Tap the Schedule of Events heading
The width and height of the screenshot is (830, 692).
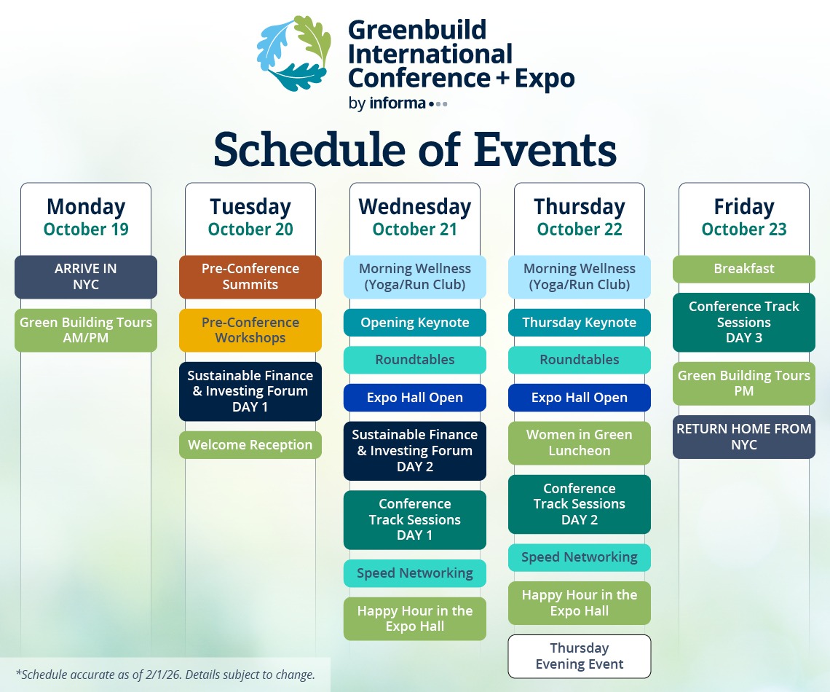point(415,150)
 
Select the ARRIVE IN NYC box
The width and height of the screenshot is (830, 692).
point(86,277)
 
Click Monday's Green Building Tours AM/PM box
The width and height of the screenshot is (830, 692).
point(86,330)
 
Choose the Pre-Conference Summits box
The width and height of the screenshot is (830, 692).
point(250,277)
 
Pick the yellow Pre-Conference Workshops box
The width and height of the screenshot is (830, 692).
point(250,330)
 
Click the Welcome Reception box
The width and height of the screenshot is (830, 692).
point(250,444)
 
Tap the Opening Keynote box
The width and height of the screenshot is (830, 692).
point(415,323)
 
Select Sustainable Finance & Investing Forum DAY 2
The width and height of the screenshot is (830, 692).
point(415,450)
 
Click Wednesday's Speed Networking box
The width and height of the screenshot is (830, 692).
point(415,573)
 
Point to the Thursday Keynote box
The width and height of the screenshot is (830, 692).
point(580,323)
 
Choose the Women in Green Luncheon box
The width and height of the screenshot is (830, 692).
point(580,443)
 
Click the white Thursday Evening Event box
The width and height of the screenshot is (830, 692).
point(580,656)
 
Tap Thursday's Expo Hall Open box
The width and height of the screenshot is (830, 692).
point(580,398)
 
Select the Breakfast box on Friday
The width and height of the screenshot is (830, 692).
point(744,269)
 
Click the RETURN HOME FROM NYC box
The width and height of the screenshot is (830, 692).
point(744,437)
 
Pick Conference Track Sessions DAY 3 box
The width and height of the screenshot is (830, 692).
point(744,323)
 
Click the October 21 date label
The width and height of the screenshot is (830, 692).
point(415,229)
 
